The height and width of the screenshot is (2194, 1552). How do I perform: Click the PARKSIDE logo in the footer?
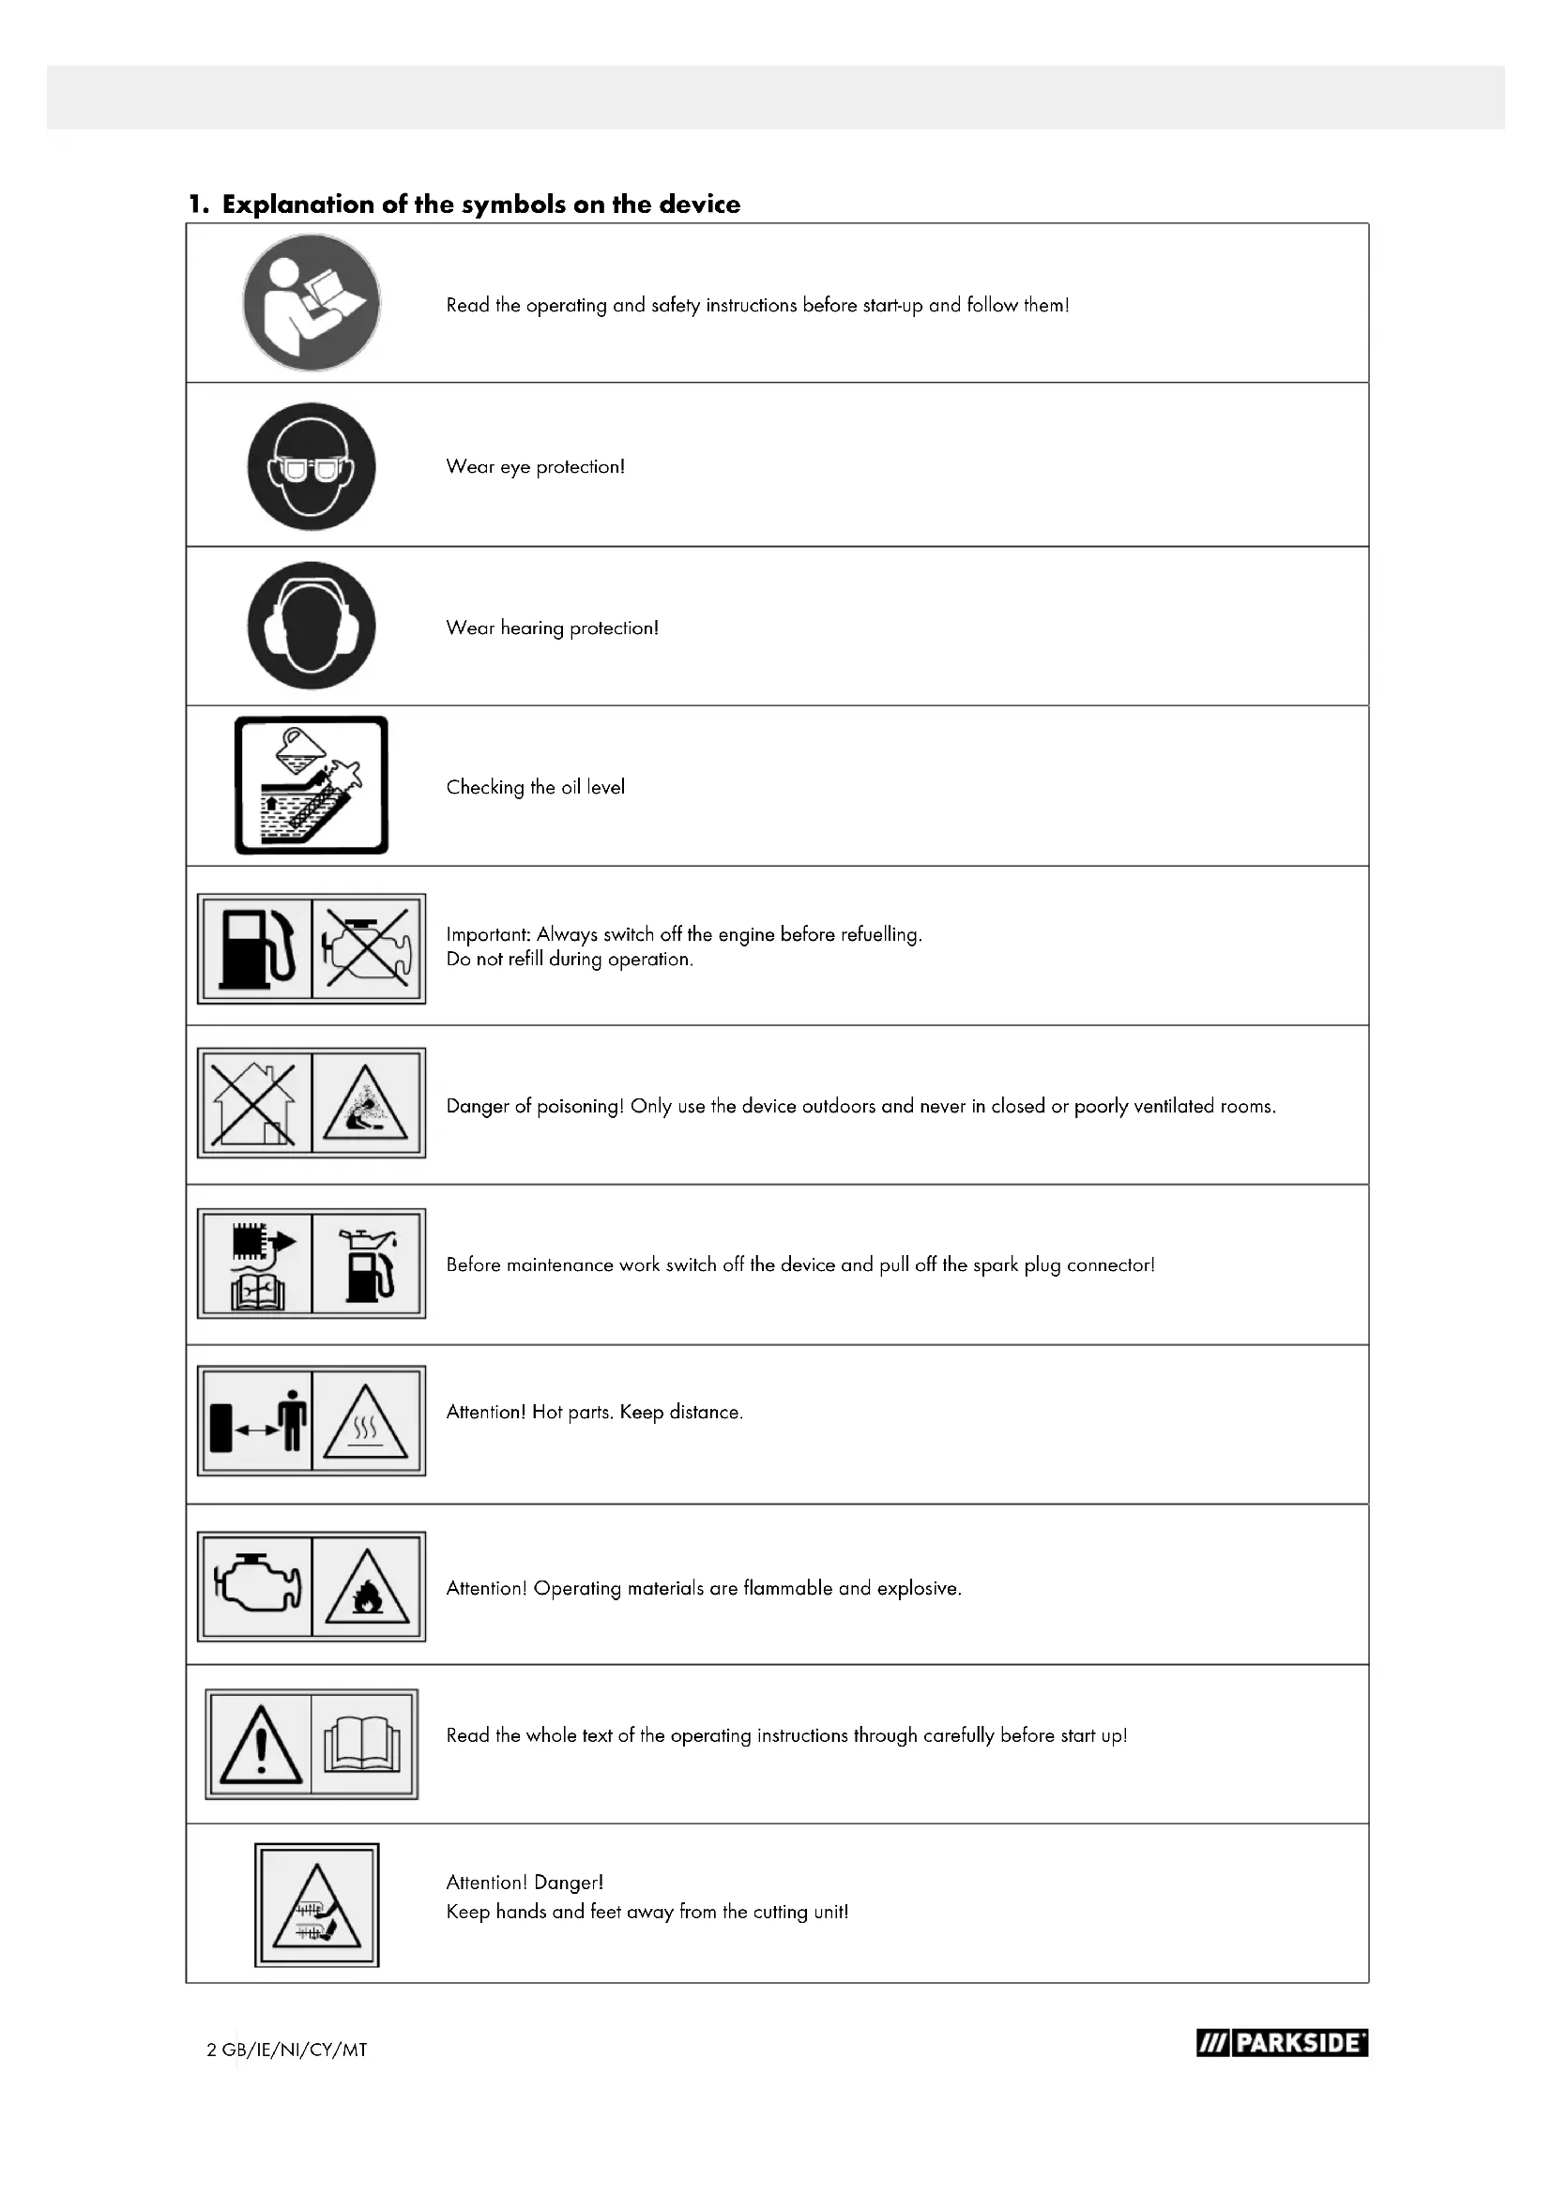click(x=1282, y=2043)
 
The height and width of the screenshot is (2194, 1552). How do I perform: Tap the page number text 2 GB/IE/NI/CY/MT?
click(x=287, y=2050)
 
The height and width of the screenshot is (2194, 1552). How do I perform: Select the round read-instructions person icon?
click(x=312, y=303)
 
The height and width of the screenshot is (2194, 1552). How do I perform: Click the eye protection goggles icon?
click(x=312, y=466)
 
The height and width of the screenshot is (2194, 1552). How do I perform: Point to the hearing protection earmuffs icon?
click(x=312, y=626)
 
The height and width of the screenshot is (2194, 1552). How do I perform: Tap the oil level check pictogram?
click(x=312, y=785)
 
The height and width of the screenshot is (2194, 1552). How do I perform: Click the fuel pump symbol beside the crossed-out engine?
click(x=255, y=949)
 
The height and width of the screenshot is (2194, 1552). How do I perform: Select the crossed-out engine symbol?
click(x=368, y=949)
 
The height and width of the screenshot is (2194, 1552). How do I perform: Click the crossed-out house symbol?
click(x=255, y=1104)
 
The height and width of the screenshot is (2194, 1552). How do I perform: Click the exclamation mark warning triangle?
click(x=260, y=1746)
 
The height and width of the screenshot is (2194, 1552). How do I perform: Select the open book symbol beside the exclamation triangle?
click(x=363, y=1745)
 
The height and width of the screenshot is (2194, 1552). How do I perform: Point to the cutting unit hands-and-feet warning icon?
click(x=317, y=1905)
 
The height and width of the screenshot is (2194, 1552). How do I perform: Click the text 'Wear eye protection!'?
click(x=535, y=467)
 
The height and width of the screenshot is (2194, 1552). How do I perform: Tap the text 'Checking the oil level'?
click(x=535, y=787)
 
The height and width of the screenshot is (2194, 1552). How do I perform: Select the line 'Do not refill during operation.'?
click(x=570, y=960)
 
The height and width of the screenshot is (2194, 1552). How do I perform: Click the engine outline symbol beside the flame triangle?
click(x=256, y=1586)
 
